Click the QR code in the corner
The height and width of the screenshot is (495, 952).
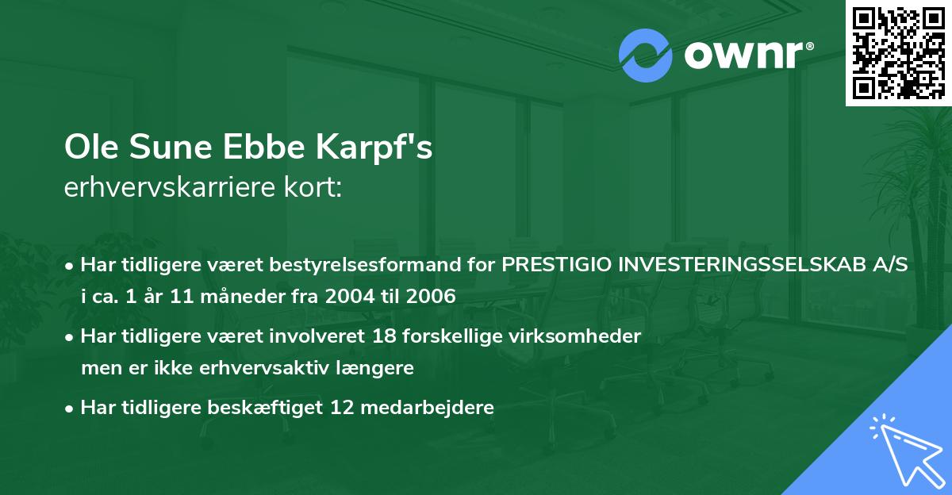pyautogui.click(x=898, y=53)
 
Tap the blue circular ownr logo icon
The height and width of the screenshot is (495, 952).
pyautogui.click(x=645, y=55)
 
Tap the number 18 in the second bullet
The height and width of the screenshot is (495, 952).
pyautogui.click(x=386, y=336)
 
